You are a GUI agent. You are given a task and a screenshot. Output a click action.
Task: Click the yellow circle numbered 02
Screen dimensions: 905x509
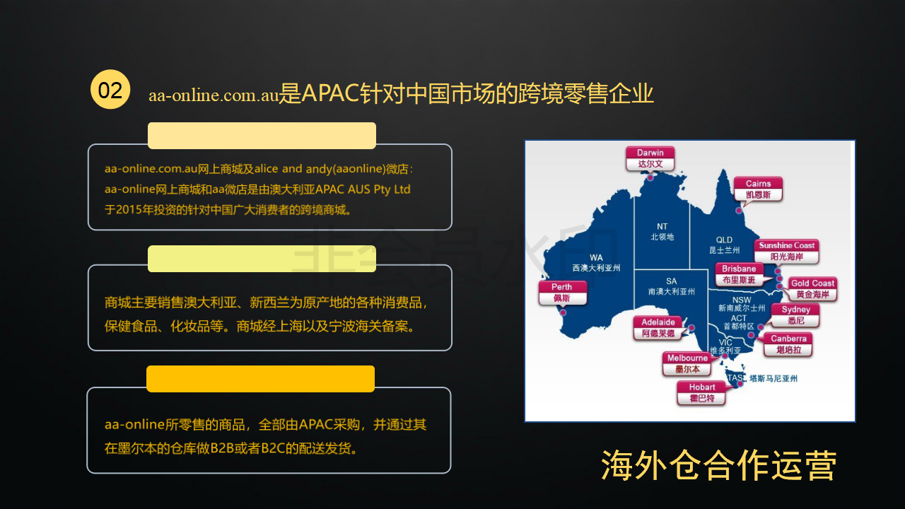tap(110, 89)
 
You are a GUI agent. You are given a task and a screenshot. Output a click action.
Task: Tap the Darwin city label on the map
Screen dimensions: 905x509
tap(650, 158)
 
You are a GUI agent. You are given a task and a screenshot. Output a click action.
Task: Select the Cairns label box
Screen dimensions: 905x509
tap(758, 189)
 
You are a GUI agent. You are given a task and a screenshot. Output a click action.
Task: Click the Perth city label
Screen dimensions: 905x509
tap(562, 293)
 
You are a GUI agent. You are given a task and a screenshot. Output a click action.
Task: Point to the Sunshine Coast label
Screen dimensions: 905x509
tap(786, 251)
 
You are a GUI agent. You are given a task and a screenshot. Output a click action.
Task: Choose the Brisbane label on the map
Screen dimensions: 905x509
tap(739, 274)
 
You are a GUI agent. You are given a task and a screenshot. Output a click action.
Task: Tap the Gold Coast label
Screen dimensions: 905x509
tap(812, 289)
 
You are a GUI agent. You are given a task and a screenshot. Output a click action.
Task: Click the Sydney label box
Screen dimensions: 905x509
tap(795, 315)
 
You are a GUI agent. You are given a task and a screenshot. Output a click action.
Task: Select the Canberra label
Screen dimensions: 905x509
tap(788, 344)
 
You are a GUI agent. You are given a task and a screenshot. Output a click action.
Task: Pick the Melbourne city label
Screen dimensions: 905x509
tap(687, 363)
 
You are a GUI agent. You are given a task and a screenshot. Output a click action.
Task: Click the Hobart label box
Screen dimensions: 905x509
tap(702, 392)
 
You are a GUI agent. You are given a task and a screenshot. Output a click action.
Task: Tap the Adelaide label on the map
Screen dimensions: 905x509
tap(658, 327)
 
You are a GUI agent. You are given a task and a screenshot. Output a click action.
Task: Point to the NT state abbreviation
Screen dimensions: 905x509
tap(662, 226)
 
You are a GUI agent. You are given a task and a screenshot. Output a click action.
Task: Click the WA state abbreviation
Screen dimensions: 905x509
tap(596, 257)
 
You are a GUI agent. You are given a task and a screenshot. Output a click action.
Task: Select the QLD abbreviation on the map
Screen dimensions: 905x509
tap(724, 240)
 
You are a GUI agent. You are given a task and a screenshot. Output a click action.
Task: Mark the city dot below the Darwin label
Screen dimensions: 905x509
tap(650, 177)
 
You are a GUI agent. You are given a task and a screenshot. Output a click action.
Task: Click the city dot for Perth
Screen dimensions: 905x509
tap(563, 312)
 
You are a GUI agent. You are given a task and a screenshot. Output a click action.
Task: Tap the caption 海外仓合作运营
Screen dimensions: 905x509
tap(718, 465)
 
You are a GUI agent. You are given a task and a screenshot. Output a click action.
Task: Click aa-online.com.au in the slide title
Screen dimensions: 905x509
tap(214, 95)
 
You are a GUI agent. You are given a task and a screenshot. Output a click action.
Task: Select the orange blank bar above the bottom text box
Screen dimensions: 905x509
tap(261, 379)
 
